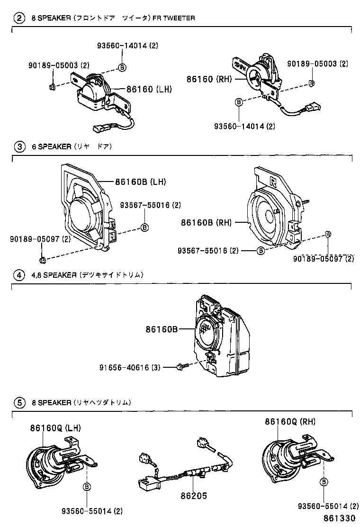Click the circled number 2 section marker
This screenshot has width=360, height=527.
[19, 18]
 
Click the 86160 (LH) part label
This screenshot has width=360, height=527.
[149, 89]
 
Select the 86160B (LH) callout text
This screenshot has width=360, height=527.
[140, 182]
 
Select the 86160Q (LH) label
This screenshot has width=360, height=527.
[56, 427]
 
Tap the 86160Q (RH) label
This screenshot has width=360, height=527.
[290, 421]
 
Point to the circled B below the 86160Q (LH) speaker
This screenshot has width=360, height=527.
[87, 487]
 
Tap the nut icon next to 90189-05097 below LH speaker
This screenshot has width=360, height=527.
[42, 259]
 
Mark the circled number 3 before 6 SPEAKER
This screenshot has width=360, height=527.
[19, 146]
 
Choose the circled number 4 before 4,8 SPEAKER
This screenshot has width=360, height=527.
[19, 275]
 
